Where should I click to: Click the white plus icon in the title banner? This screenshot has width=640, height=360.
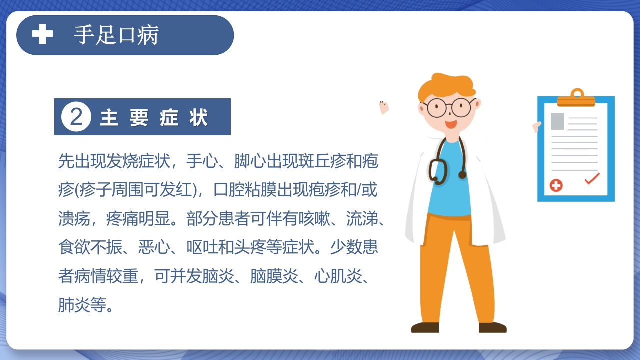(42, 35)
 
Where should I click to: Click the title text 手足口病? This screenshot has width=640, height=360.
(116, 35)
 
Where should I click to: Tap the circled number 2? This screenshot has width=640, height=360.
(76, 117)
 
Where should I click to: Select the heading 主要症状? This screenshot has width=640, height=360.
(154, 118)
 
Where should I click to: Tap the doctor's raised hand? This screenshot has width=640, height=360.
(384, 106)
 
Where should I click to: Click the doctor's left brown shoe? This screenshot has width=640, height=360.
(425, 328)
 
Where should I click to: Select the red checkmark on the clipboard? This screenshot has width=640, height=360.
(592, 178)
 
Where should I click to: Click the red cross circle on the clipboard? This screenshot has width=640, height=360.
(556, 185)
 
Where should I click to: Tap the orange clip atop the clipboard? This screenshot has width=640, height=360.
(576, 98)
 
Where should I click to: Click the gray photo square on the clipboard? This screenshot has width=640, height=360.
(557, 121)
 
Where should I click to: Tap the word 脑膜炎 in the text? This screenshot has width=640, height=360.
(273, 276)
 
